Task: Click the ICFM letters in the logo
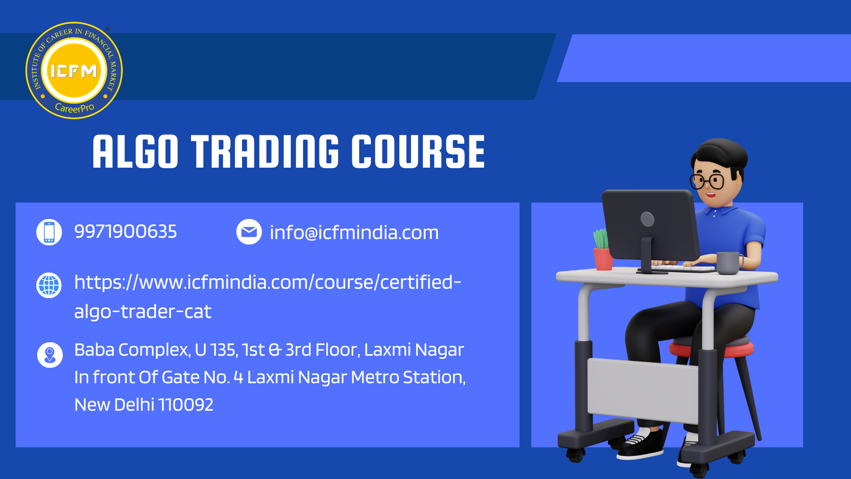74,71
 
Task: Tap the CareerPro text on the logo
74,108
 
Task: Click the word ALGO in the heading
136,152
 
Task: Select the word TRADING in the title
265,152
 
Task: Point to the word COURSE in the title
418,152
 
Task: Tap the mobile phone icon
49,232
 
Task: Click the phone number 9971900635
125,232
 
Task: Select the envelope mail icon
249,232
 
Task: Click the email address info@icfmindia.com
354,232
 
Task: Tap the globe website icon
49,285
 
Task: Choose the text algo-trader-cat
143,311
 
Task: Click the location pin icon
50,355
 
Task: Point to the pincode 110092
186,404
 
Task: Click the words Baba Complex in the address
132,350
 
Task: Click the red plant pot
603,259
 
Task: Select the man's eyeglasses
707,181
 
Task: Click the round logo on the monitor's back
648,219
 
